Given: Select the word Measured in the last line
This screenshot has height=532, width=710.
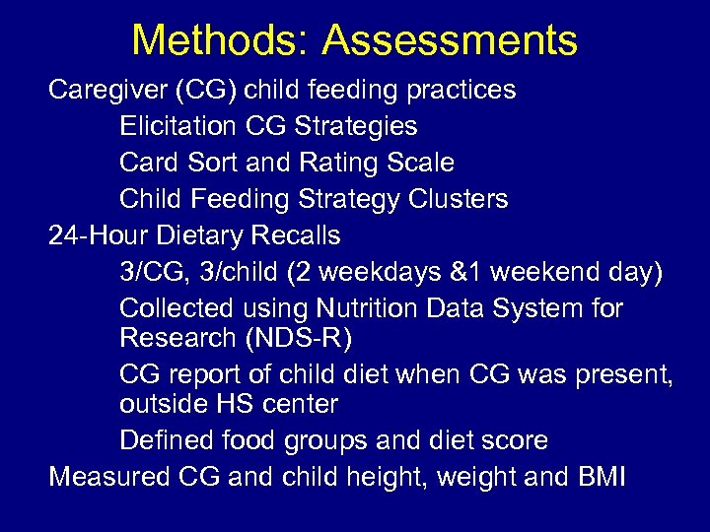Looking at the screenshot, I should pos(110,477).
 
